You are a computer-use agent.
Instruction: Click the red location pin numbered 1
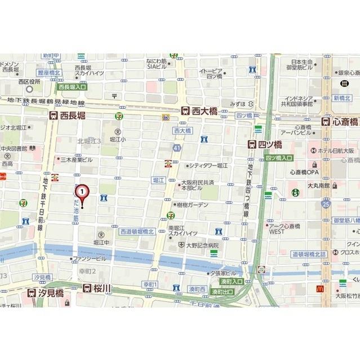coord(82,192)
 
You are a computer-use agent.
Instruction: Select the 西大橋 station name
coord(205,111)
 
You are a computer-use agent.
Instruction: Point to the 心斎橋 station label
coord(344,121)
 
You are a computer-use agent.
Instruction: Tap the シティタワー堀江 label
coord(208,165)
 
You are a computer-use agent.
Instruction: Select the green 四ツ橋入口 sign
coord(279,158)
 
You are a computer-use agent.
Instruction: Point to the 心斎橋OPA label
coord(304,171)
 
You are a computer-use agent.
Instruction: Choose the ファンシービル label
coord(92,258)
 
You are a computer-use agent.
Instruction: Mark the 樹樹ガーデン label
coord(193,205)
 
